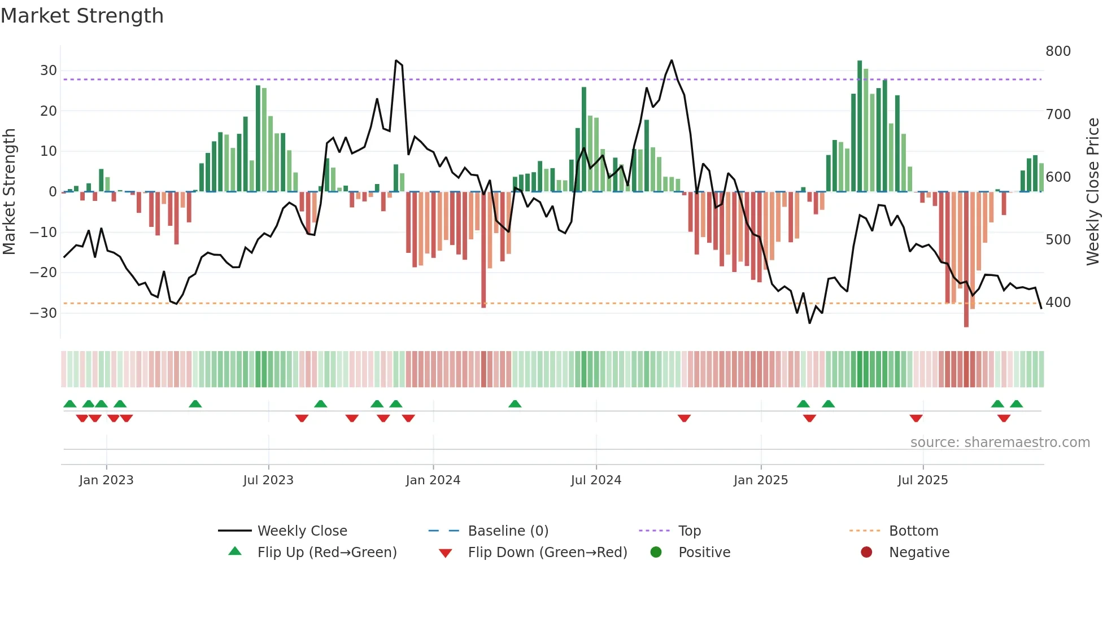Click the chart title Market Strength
pyautogui.click(x=82, y=16)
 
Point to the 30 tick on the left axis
pyautogui.click(x=49, y=71)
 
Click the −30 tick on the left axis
pyautogui.click(x=43, y=313)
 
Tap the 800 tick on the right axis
pyautogui.click(x=1058, y=51)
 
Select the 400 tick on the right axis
pyautogui.click(x=1058, y=303)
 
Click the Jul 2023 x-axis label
pyautogui.click(x=268, y=480)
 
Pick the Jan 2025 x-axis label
pyautogui.click(x=760, y=480)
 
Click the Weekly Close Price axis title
pyautogui.click(x=1093, y=192)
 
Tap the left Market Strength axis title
pyautogui.click(x=9, y=192)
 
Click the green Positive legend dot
pyautogui.click(x=656, y=553)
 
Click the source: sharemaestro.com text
pyautogui.click(x=1000, y=443)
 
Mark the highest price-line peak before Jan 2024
pyautogui.click(x=396, y=60)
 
